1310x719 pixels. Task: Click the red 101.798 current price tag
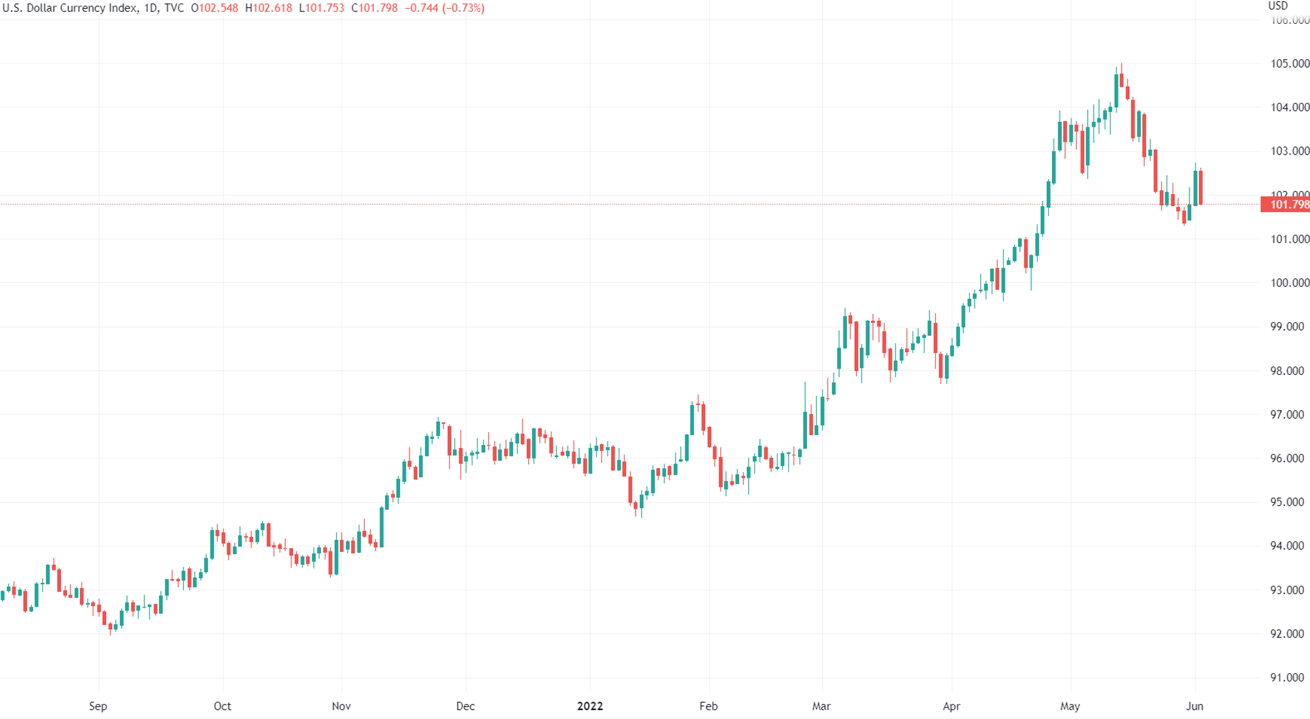click(x=1286, y=205)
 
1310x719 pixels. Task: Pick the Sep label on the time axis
click(x=98, y=706)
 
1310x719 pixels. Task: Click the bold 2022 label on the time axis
click(x=590, y=706)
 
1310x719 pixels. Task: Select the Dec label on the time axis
click(x=465, y=706)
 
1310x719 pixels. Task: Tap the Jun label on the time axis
click(x=1194, y=706)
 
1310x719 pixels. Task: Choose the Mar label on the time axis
click(x=821, y=706)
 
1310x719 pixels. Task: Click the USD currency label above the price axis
click(x=1278, y=6)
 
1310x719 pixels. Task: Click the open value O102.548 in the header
click(x=215, y=8)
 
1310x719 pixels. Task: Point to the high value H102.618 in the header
click(x=269, y=8)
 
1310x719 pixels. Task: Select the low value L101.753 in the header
click(x=322, y=8)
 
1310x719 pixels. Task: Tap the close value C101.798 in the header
click(x=375, y=8)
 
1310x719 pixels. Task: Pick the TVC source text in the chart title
click(x=174, y=8)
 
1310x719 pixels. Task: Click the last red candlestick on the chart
click(x=1200, y=187)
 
